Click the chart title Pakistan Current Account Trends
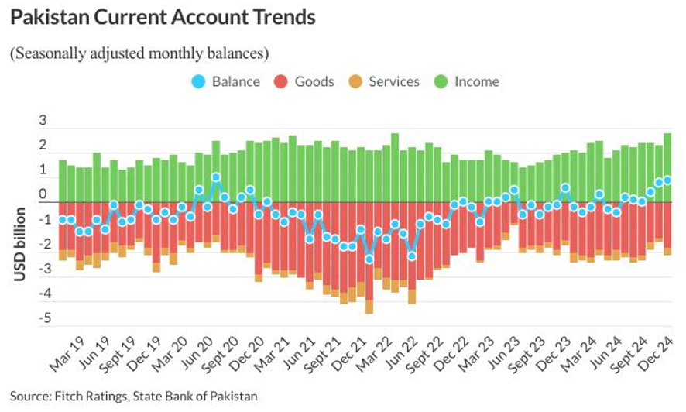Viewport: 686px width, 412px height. pos(163,18)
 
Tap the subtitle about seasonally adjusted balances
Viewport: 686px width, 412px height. pos(139,54)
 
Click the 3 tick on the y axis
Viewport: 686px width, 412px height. pos(43,122)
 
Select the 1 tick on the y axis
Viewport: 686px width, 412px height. pos(43,171)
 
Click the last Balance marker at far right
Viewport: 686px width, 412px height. pos(667,180)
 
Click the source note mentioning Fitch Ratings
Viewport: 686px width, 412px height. pos(133,397)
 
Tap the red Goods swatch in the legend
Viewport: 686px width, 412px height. pos(281,81)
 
